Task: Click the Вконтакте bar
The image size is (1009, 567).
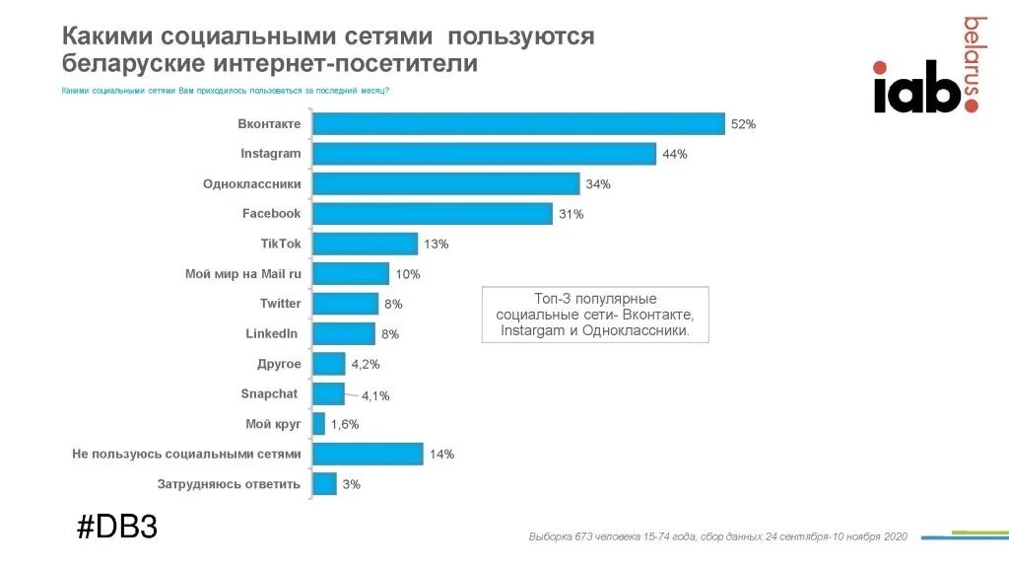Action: [518, 123]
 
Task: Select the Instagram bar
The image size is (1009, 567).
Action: [484, 154]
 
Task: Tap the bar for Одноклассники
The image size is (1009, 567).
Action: [445, 183]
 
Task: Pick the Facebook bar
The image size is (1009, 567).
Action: [432, 213]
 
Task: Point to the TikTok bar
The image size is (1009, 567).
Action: [365, 244]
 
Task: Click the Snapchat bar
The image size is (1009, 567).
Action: [328, 394]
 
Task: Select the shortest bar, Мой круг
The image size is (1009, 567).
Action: [318, 424]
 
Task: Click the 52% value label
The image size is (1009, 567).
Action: [743, 124]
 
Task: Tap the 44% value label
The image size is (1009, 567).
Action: [675, 155]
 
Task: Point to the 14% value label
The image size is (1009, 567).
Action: [440, 455]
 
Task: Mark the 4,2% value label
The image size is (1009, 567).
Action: [365, 365]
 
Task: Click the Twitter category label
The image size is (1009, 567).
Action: [281, 304]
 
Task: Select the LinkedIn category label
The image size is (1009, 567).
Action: [271, 333]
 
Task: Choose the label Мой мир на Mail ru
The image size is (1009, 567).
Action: [243, 274]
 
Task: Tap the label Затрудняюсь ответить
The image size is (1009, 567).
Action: [230, 484]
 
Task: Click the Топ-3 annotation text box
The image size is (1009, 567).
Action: [594, 316]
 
